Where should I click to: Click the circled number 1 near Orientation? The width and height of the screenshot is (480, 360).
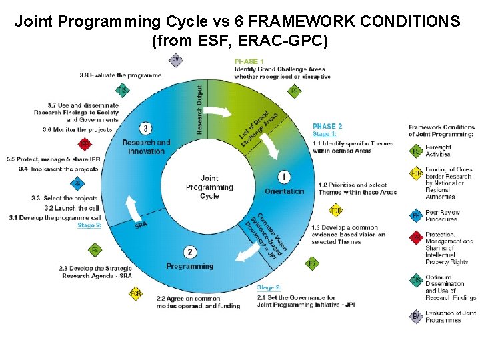pos(285,177)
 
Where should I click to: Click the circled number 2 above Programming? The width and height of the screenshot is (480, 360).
pos(191,251)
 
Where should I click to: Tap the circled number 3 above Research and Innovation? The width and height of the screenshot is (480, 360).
pos(146,128)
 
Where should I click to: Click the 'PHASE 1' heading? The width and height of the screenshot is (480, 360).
pos(249,61)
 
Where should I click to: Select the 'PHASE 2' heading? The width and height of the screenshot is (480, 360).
pos(327,126)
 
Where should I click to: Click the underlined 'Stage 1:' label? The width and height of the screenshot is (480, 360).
pos(325,134)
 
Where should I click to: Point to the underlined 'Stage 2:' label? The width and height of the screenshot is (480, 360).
pos(269,287)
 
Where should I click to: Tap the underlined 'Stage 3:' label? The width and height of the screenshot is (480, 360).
pos(89,225)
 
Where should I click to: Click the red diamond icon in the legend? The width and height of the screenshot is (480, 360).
pos(416,238)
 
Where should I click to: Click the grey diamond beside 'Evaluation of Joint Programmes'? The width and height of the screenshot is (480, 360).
pos(416,317)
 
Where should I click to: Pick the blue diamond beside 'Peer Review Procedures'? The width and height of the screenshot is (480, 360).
pos(416,215)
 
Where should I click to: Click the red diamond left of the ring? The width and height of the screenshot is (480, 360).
pos(85,143)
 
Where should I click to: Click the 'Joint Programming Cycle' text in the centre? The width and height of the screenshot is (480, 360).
pos(209,187)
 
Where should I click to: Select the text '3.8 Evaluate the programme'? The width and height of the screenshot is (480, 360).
pos(120,75)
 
